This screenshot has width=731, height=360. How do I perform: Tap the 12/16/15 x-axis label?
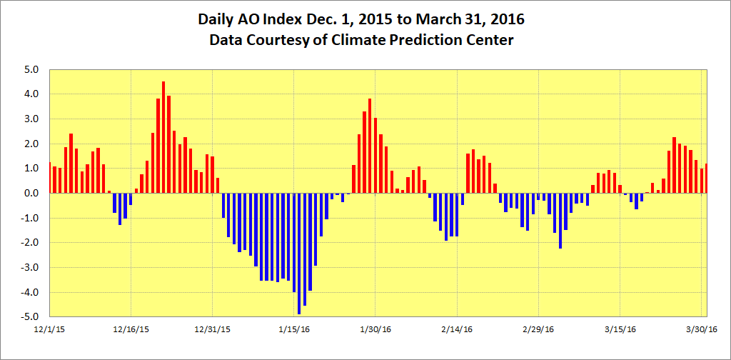tap(131, 329)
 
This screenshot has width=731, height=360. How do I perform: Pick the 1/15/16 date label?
tap(294, 329)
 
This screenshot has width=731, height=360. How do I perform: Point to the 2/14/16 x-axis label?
tap(457, 329)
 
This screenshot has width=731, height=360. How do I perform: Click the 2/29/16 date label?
tap(538, 329)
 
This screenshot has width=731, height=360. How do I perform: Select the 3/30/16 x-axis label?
tap(701, 329)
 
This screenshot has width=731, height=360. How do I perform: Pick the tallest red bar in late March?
tap(674, 165)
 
